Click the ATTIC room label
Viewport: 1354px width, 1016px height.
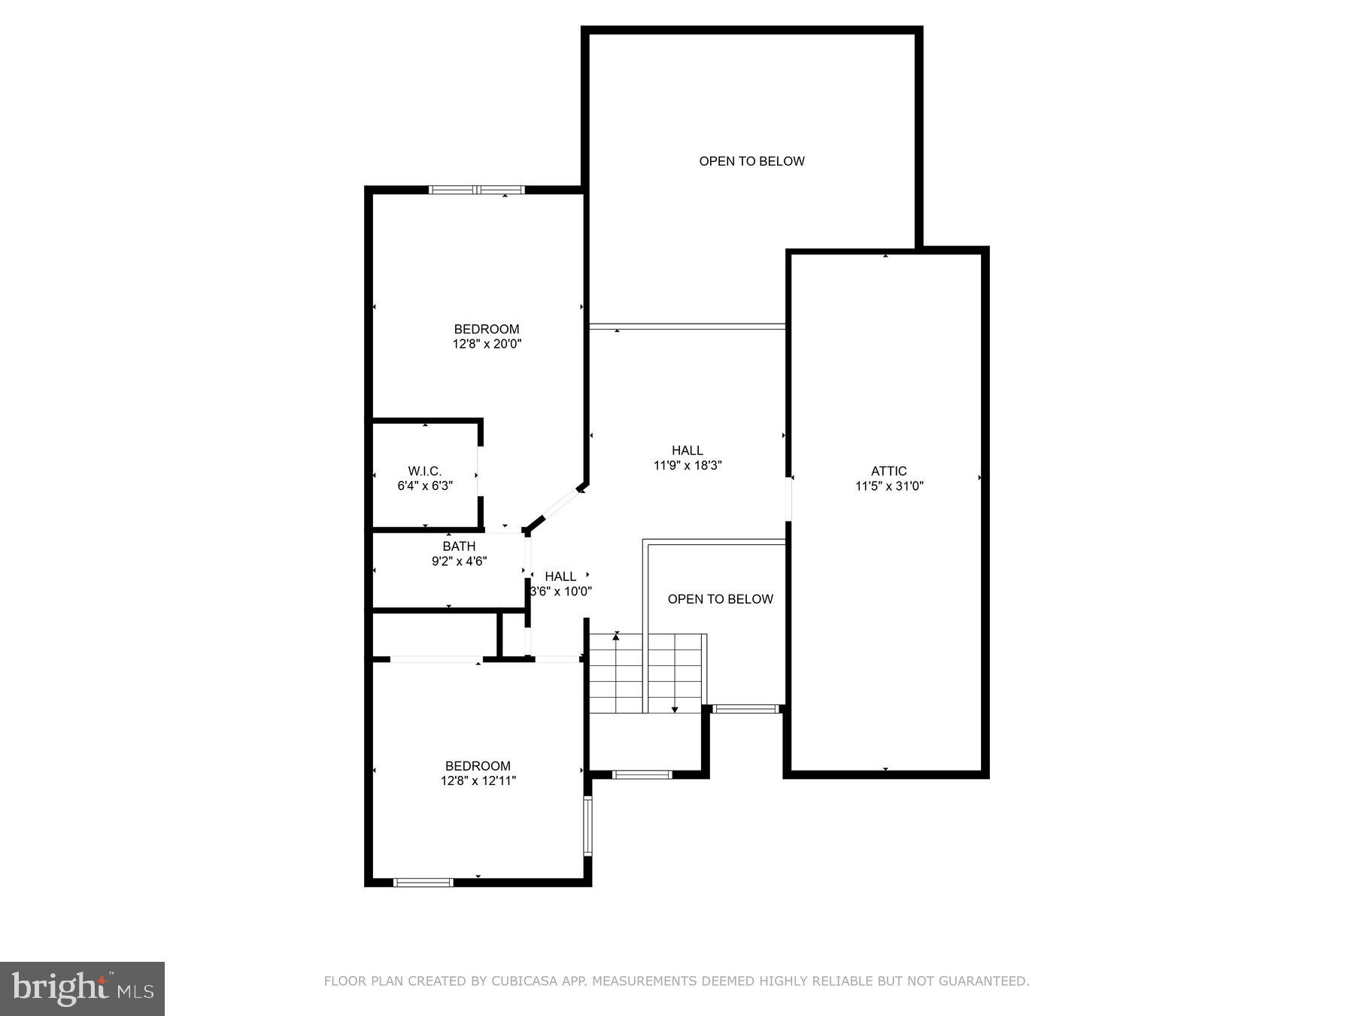click(889, 471)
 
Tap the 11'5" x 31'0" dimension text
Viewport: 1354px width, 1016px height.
click(889, 486)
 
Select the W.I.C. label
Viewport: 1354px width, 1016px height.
click(425, 471)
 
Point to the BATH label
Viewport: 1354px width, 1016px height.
click(459, 546)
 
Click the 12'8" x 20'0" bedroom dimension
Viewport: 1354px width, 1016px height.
click(487, 344)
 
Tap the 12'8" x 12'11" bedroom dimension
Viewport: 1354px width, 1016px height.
click(478, 781)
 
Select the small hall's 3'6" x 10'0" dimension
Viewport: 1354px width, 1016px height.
click(562, 592)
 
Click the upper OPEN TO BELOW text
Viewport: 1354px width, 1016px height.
click(751, 161)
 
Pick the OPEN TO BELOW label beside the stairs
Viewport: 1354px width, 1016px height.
click(720, 599)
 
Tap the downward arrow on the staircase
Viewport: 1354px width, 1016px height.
click(675, 707)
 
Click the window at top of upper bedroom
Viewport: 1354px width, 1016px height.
click(477, 190)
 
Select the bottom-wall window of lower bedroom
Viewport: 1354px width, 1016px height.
click(424, 882)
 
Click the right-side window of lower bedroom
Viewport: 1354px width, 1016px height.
click(588, 826)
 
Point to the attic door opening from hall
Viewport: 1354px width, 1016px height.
click(788, 498)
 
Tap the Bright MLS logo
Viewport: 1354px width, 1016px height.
click(82, 988)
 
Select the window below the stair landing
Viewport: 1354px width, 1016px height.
click(642, 774)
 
